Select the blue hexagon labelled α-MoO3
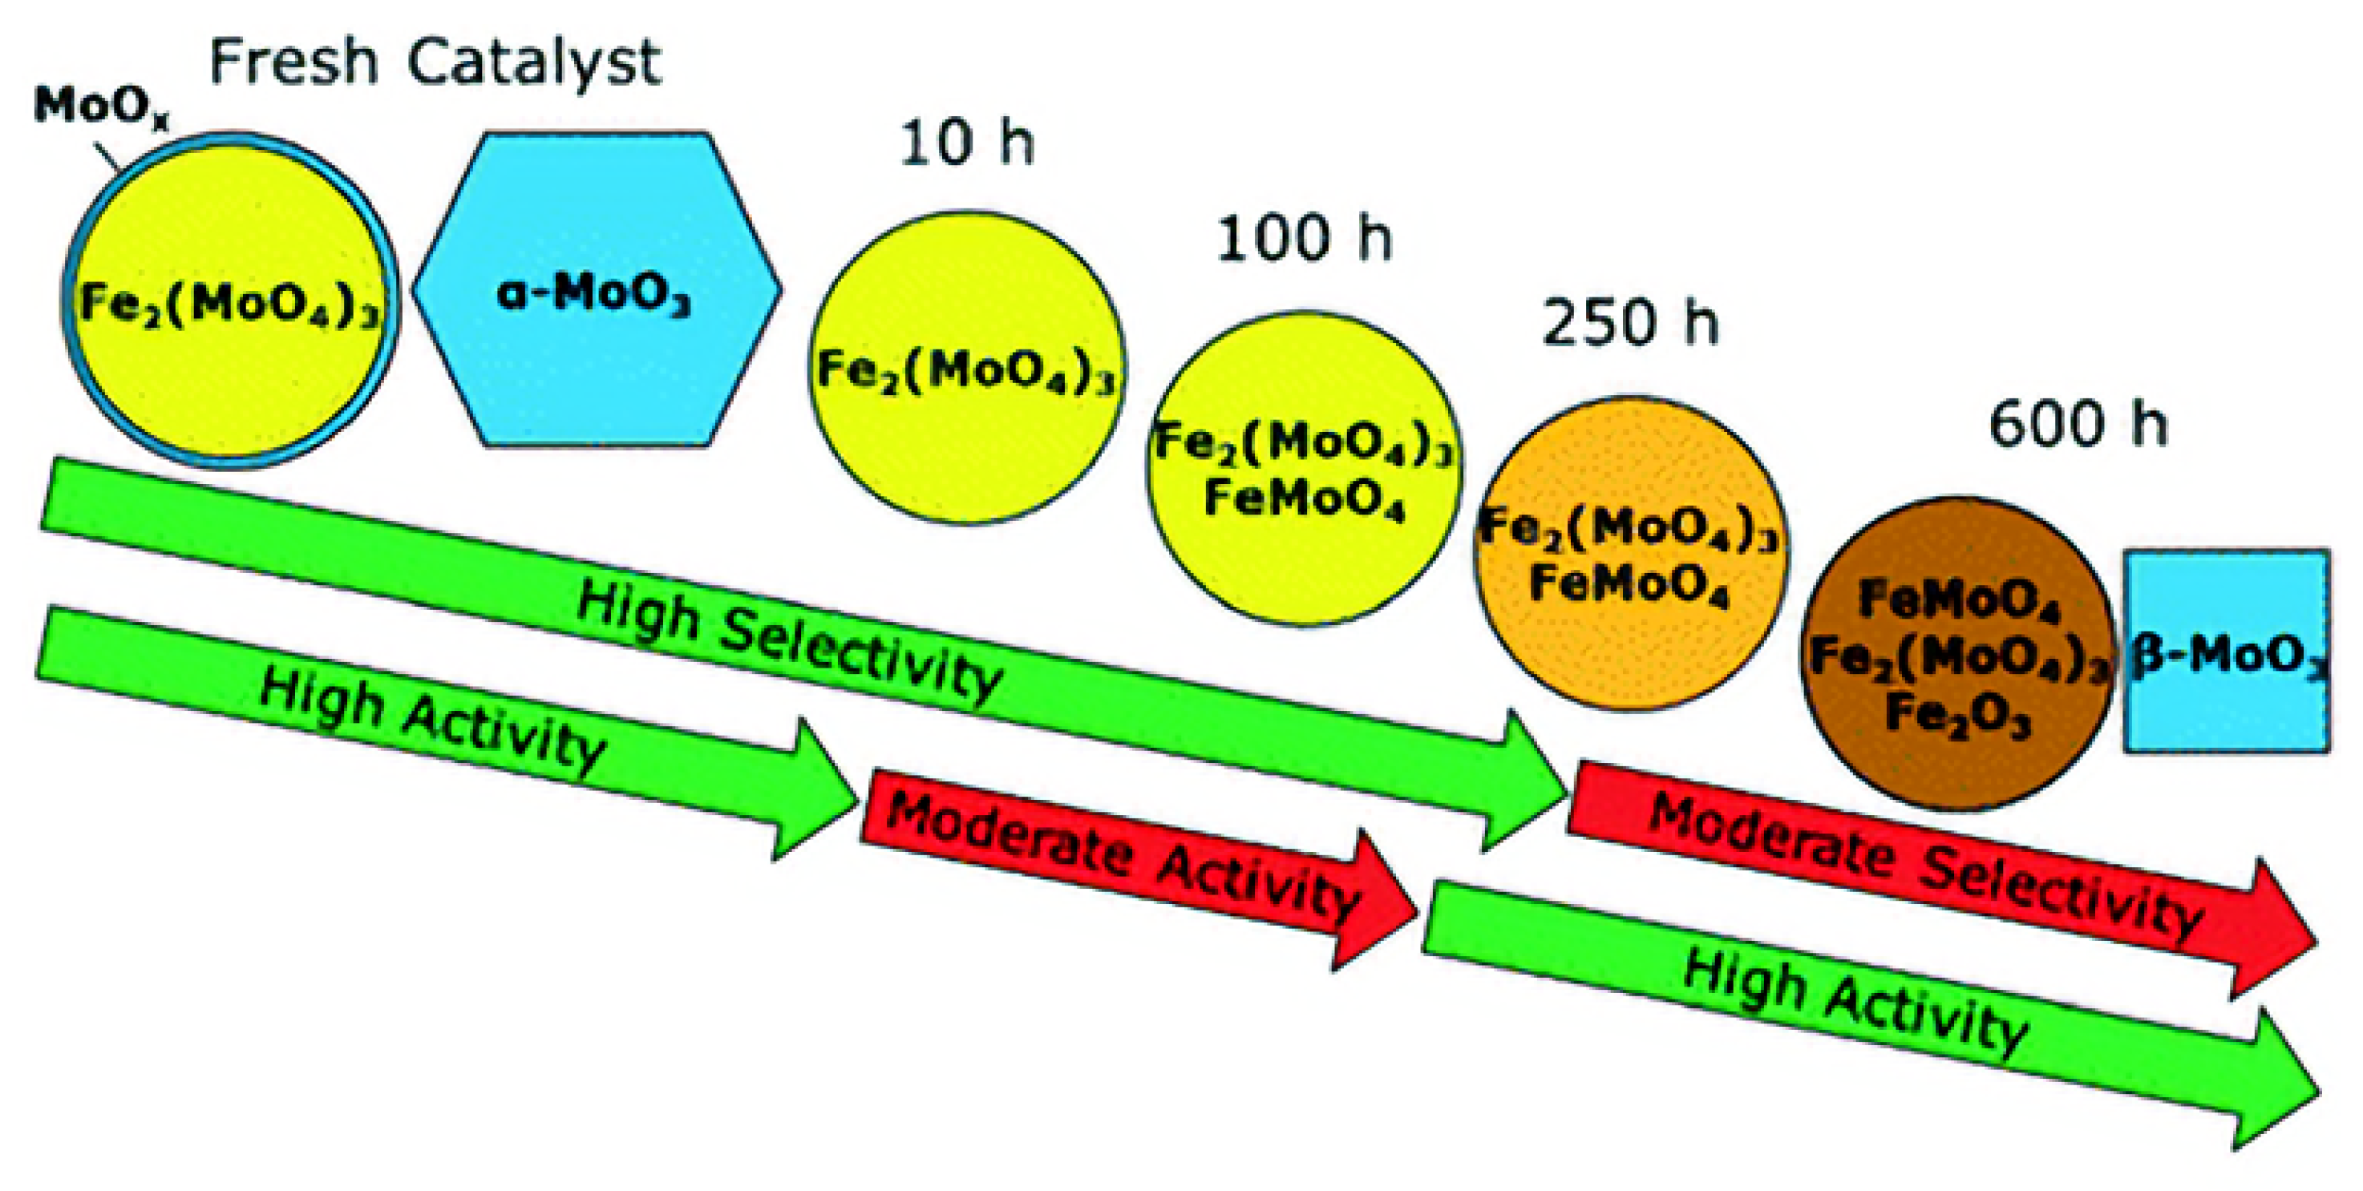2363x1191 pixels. pos(597,289)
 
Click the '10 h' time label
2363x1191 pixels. pos(967,145)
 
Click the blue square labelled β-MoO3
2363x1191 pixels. pos(2227,652)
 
